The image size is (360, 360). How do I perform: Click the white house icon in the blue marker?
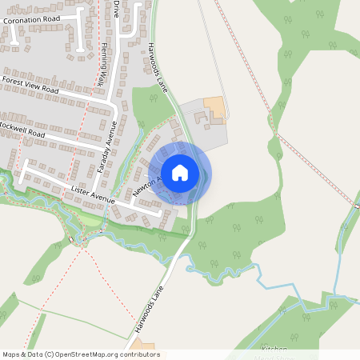pos(180,172)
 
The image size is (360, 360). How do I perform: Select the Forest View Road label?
pos(30,86)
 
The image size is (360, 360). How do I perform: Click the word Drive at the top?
pos(117,10)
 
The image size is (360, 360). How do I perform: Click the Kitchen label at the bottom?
pos(274,350)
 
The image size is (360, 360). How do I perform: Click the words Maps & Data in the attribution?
pos(22,354)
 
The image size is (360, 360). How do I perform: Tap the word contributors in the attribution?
pos(142,354)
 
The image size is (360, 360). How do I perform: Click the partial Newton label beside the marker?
pos(145,186)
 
